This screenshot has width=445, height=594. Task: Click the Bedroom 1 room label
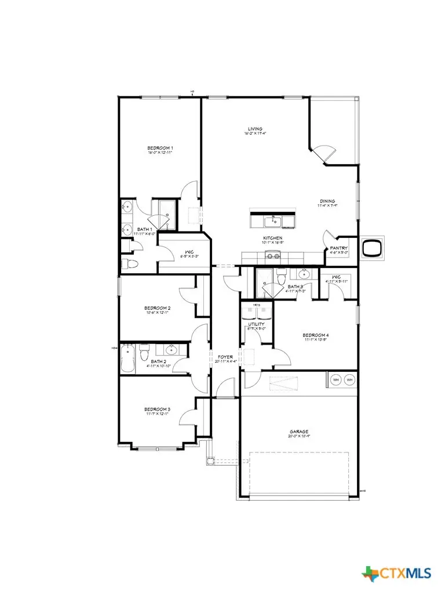coord(160,148)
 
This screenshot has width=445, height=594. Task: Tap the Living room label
coord(255,129)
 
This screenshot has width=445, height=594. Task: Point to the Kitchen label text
coord(273,238)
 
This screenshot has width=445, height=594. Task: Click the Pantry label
coord(339,248)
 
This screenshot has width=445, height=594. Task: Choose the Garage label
coord(300,432)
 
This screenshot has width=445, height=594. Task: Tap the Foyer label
coord(225,357)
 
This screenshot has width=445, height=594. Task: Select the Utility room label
coord(257,324)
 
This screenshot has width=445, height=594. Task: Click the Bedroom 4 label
coord(315,335)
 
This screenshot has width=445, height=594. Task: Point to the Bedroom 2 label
coord(158,308)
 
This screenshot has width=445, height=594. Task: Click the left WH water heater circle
coord(335,380)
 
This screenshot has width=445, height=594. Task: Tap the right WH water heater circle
coord(349,380)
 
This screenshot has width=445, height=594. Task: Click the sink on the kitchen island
coord(271,220)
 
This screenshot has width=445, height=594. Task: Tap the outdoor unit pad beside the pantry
coord(371,248)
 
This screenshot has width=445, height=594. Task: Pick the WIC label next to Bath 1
coord(181,252)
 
